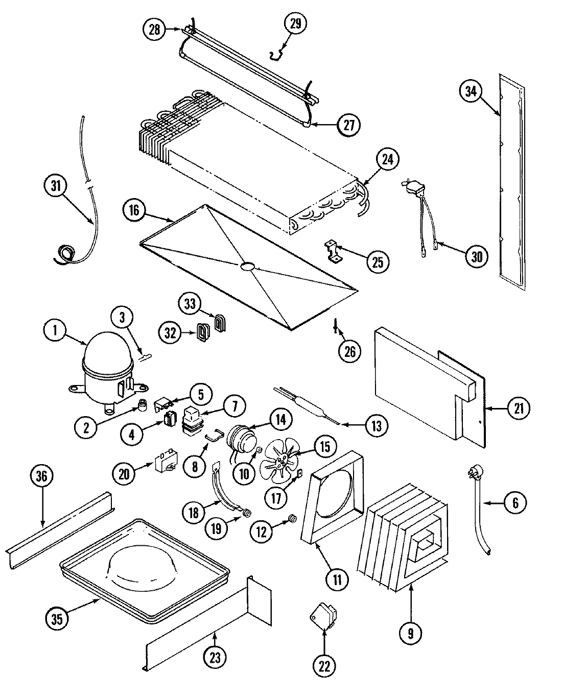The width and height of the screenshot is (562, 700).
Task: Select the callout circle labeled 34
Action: click(x=471, y=91)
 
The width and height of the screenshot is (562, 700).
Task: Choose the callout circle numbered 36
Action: click(x=41, y=476)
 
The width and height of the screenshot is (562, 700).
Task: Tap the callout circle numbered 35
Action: click(x=57, y=619)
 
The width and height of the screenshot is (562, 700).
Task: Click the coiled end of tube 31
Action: click(x=65, y=254)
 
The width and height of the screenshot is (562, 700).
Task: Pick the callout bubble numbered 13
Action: click(x=376, y=425)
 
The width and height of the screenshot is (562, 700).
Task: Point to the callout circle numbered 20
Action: click(x=124, y=474)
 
